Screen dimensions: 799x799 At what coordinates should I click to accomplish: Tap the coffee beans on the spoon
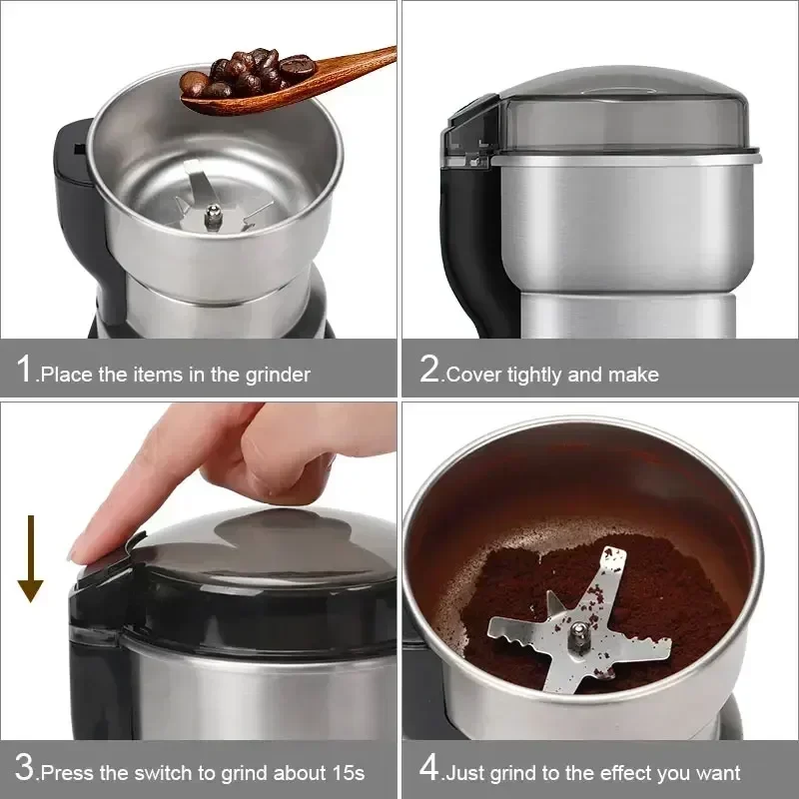coord(250,72)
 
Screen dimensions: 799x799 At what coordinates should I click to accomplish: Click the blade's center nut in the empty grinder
coord(213,213)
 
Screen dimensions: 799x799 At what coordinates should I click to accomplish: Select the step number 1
coord(24,370)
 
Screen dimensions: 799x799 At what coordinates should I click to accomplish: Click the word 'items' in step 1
coord(158,376)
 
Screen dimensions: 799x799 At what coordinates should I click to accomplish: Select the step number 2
coord(429,370)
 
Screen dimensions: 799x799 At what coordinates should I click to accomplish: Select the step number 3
coord(25,769)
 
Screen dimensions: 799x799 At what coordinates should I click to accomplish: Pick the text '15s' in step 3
coord(348,773)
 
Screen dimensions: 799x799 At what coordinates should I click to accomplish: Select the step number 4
coord(429,769)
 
